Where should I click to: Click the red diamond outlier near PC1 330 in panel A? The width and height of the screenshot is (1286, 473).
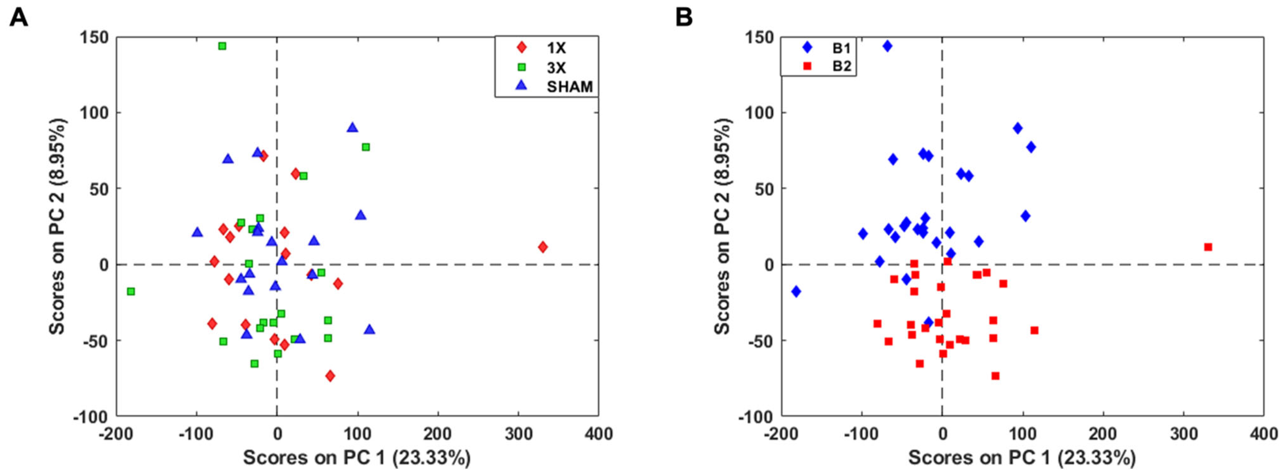(543, 247)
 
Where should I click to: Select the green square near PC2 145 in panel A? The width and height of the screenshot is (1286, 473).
(222, 46)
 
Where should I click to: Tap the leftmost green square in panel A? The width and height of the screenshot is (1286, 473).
(131, 291)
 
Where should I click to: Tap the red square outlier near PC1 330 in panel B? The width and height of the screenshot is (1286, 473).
(1208, 247)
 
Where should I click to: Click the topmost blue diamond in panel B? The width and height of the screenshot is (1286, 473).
(887, 46)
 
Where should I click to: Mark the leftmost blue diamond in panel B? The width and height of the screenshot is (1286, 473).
(796, 291)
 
